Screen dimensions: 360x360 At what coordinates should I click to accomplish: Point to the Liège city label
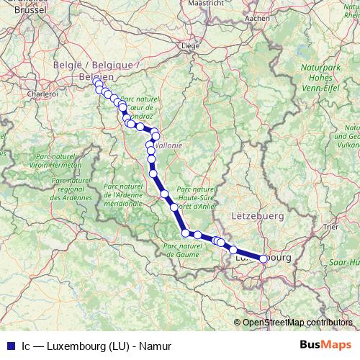coord(190,45)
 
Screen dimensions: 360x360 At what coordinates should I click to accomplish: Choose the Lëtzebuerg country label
coord(257,215)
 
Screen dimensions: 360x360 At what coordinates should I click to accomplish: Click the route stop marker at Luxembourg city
coord(264,258)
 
